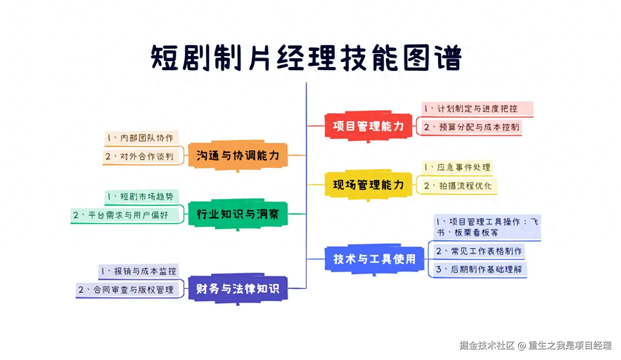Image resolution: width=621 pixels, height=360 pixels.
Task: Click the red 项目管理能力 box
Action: [368, 126]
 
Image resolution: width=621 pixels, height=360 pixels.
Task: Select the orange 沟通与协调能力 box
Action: [238, 156]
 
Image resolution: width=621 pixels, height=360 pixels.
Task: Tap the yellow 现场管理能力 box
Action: [368, 185]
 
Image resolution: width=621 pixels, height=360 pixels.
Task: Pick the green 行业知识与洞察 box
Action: [238, 214]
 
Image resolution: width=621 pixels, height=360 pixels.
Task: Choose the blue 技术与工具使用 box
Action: [374, 259]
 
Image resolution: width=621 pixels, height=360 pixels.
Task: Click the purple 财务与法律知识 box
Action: [238, 288]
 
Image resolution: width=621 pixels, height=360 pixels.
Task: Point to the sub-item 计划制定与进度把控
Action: [477, 109]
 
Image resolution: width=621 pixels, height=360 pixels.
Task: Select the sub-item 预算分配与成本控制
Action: [471, 127]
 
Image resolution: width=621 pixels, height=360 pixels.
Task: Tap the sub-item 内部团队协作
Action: [141, 138]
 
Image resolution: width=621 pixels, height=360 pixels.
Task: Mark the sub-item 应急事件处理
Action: [458, 167]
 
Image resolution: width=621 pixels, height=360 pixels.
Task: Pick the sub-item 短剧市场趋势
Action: [141, 197]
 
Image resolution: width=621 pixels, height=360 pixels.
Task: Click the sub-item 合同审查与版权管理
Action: [126, 290]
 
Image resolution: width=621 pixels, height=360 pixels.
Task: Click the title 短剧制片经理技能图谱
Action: [306, 58]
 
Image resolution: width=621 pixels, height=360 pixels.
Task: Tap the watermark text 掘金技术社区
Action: [487, 346]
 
